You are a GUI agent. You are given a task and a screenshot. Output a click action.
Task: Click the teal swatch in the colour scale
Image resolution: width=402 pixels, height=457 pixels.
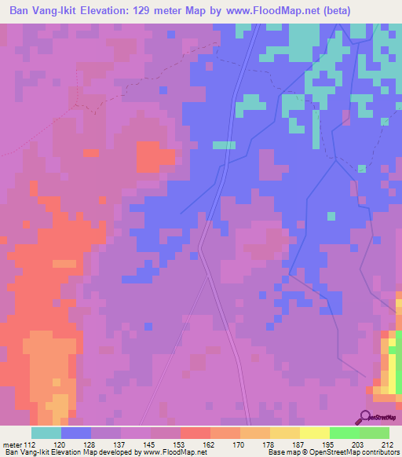pos(46,433)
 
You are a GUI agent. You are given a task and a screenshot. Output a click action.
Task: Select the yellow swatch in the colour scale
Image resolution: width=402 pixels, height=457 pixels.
pos(314,433)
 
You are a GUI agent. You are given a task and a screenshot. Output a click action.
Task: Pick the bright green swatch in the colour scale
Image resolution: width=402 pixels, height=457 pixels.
pos(344,433)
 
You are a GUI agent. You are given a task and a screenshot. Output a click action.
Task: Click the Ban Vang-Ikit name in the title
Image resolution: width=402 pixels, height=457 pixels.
pos(43,11)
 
